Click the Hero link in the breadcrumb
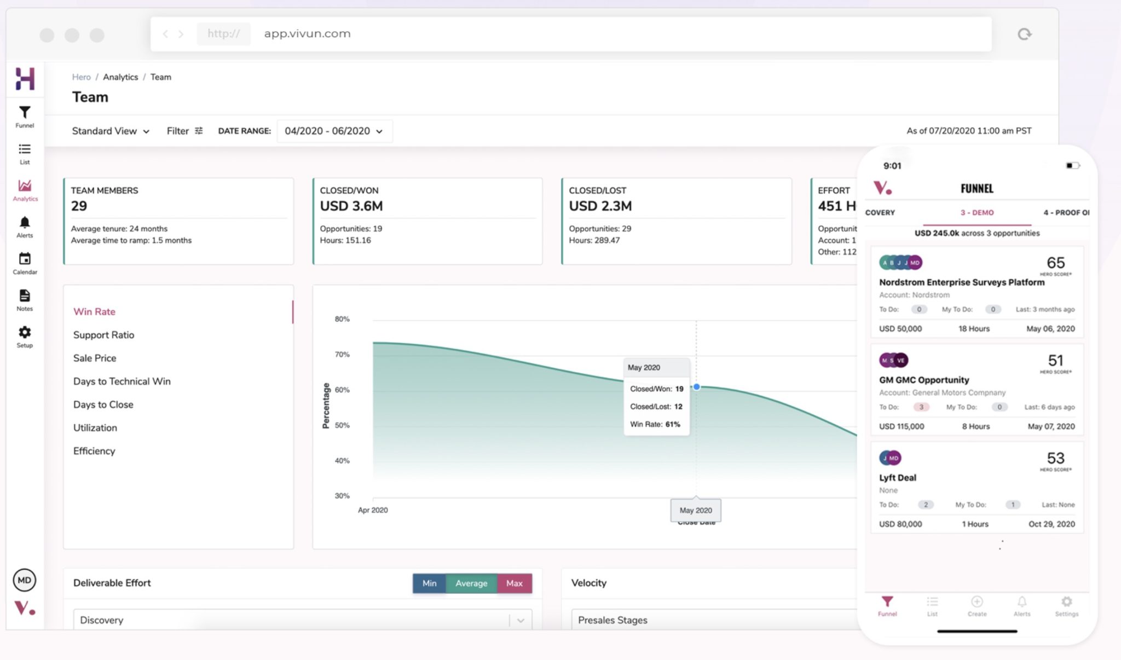click(81, 77)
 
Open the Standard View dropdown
click(111, 131)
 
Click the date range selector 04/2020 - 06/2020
click(334, 131)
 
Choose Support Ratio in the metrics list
click(103, 335)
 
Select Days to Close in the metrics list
click(103, 404)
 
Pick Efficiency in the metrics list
click(94, 451)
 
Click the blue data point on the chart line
click(696, 387)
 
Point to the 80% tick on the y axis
click(342, 319)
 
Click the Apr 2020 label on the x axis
click(373, 510)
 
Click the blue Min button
click(429, 583)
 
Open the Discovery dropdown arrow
click(521, 621)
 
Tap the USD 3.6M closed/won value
click(351, 206)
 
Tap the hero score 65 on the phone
click(1055, 263)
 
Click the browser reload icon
click(1024, 34)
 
